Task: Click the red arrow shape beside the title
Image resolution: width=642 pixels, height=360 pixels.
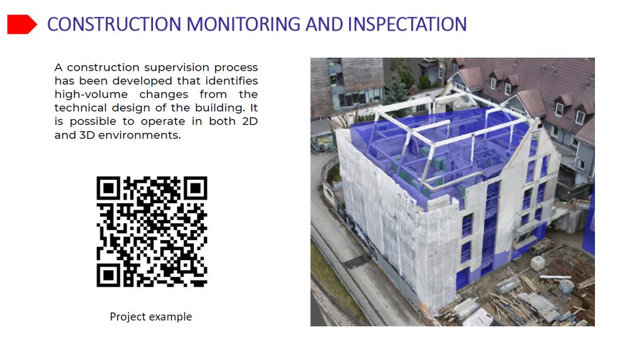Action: pos(22,24)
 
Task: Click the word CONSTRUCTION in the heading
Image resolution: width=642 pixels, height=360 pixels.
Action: pos(114,24)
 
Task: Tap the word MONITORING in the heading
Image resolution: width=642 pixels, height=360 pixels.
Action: pos(243,24)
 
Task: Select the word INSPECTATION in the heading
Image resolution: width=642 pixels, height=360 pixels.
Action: pos(408,24)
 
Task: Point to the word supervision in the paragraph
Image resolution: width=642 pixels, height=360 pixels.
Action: pos(176,68)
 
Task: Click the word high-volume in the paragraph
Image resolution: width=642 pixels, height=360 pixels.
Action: pos(91,95)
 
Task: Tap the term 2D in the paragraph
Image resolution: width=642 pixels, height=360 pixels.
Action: pos(250,121)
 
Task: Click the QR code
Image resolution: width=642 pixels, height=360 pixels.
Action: pos(152,231)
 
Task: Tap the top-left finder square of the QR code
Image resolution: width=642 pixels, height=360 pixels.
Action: pos(108,188)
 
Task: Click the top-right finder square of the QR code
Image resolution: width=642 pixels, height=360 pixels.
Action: pos(196,188)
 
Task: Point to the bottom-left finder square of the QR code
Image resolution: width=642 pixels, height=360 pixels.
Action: pos(108,275)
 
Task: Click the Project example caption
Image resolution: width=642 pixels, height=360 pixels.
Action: pos(150,317)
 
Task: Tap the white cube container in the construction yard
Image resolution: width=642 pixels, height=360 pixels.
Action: pos(537,263)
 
